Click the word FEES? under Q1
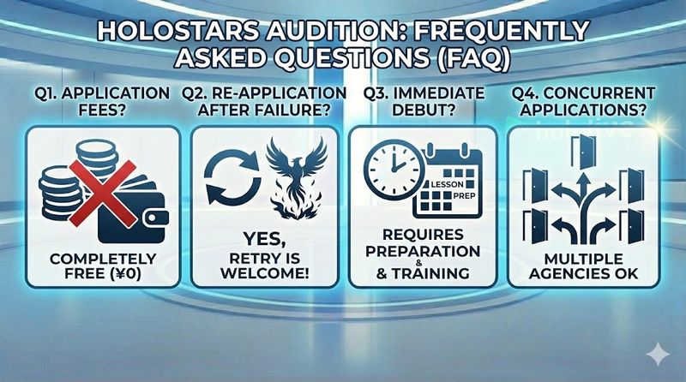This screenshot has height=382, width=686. coord(102,110)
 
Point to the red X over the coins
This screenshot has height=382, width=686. coord(102,194)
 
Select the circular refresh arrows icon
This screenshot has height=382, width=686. coord(232,177)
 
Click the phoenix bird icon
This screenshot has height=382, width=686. coord(296,177)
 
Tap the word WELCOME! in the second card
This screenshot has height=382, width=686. coord(265,273)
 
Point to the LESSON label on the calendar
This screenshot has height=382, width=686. coord(447,184)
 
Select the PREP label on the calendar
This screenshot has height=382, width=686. coord(464,195)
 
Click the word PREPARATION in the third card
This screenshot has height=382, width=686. coord(423,252)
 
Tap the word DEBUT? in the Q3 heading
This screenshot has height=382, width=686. coord(423,110)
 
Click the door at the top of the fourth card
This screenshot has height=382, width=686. coord(583,152)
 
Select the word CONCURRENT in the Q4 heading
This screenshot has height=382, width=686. coord(599,93)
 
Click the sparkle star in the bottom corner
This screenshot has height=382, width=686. coord(658,355)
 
